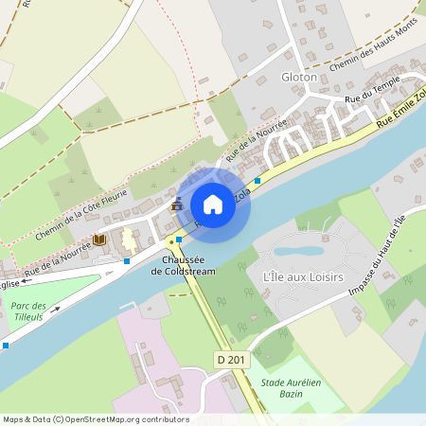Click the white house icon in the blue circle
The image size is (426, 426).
pyautogui.click(x=213, y=204)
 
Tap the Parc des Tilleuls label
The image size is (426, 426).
pyautogui.click(x=29, y=312)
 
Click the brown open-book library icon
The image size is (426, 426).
pyautogui.click(x=98, y=240)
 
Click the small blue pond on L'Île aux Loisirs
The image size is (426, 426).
pyautogui.click(x=300, y=252)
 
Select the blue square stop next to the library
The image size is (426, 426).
pyautogui.click(x=127, y=260)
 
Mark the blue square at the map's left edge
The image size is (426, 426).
pyautogui.click(x=6, y=346)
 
